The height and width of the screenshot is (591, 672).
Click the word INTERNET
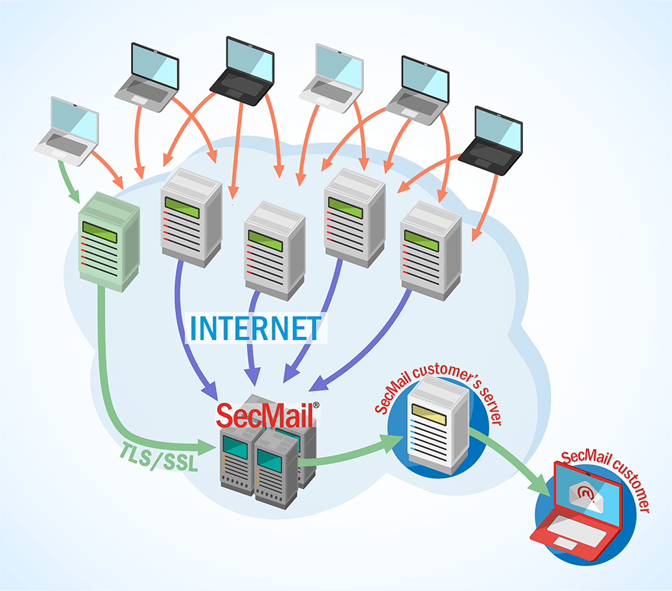click(x=255, y=327)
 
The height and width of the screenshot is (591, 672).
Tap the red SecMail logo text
click(x=264, y=415)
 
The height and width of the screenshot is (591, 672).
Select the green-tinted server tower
click(x=108, y=242)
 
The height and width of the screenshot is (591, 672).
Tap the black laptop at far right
click(x=494, y=141)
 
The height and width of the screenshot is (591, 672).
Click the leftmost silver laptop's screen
click(x=72, y=120)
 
